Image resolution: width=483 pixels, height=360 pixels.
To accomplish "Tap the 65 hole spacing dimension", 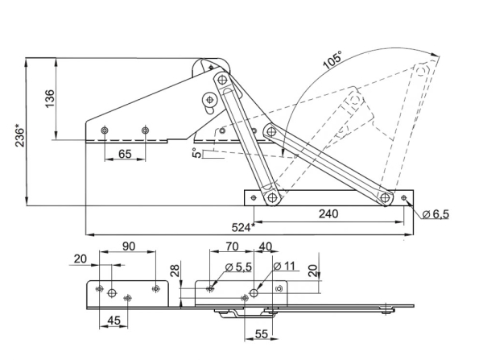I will (x=125, y=153).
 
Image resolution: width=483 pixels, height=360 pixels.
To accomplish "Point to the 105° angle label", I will (x=332, y=62).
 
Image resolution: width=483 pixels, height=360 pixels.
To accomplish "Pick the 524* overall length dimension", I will (x=242, y=227).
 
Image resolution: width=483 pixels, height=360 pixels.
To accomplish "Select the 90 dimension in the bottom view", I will (x=127, y=246).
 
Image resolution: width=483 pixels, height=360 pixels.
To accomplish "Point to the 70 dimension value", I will (x=231, y=246).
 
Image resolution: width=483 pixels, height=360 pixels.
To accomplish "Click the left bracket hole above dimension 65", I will (x=105, y=130).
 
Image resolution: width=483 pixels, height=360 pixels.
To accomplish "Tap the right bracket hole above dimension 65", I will (x=145, y=130).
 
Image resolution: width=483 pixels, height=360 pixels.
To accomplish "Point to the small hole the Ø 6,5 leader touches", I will (x=403, y=196).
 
